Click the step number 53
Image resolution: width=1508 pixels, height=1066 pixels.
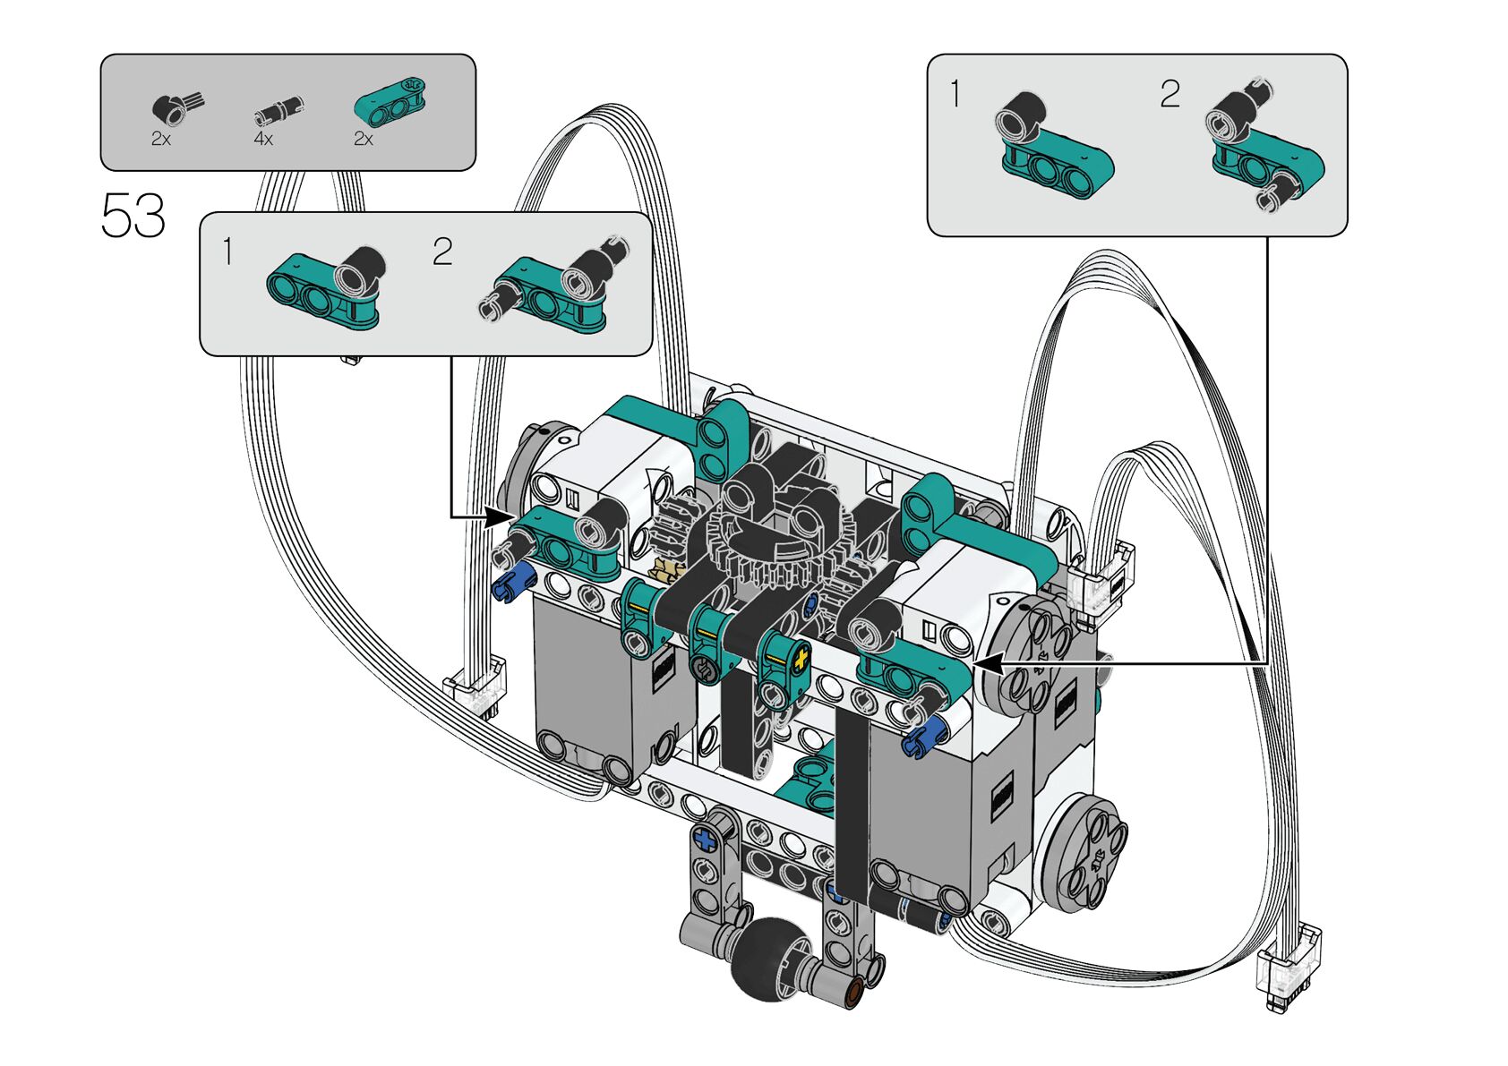(x=133, y=215)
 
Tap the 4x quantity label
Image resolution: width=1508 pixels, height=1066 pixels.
(x=263, y=140)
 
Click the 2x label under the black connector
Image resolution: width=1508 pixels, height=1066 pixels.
(x=161, y=140)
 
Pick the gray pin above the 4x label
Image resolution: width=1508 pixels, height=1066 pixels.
(x=278, y=110)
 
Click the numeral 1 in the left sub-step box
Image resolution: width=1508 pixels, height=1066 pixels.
(x=228, y=251)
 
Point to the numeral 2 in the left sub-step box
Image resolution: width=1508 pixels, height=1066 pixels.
(x=442, y=251)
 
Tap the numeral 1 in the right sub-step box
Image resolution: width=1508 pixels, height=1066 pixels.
(x=955, y=94)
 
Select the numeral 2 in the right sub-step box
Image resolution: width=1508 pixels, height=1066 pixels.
(x=1170, y=94)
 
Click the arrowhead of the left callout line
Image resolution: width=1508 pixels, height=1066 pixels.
(x=500, y=517)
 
